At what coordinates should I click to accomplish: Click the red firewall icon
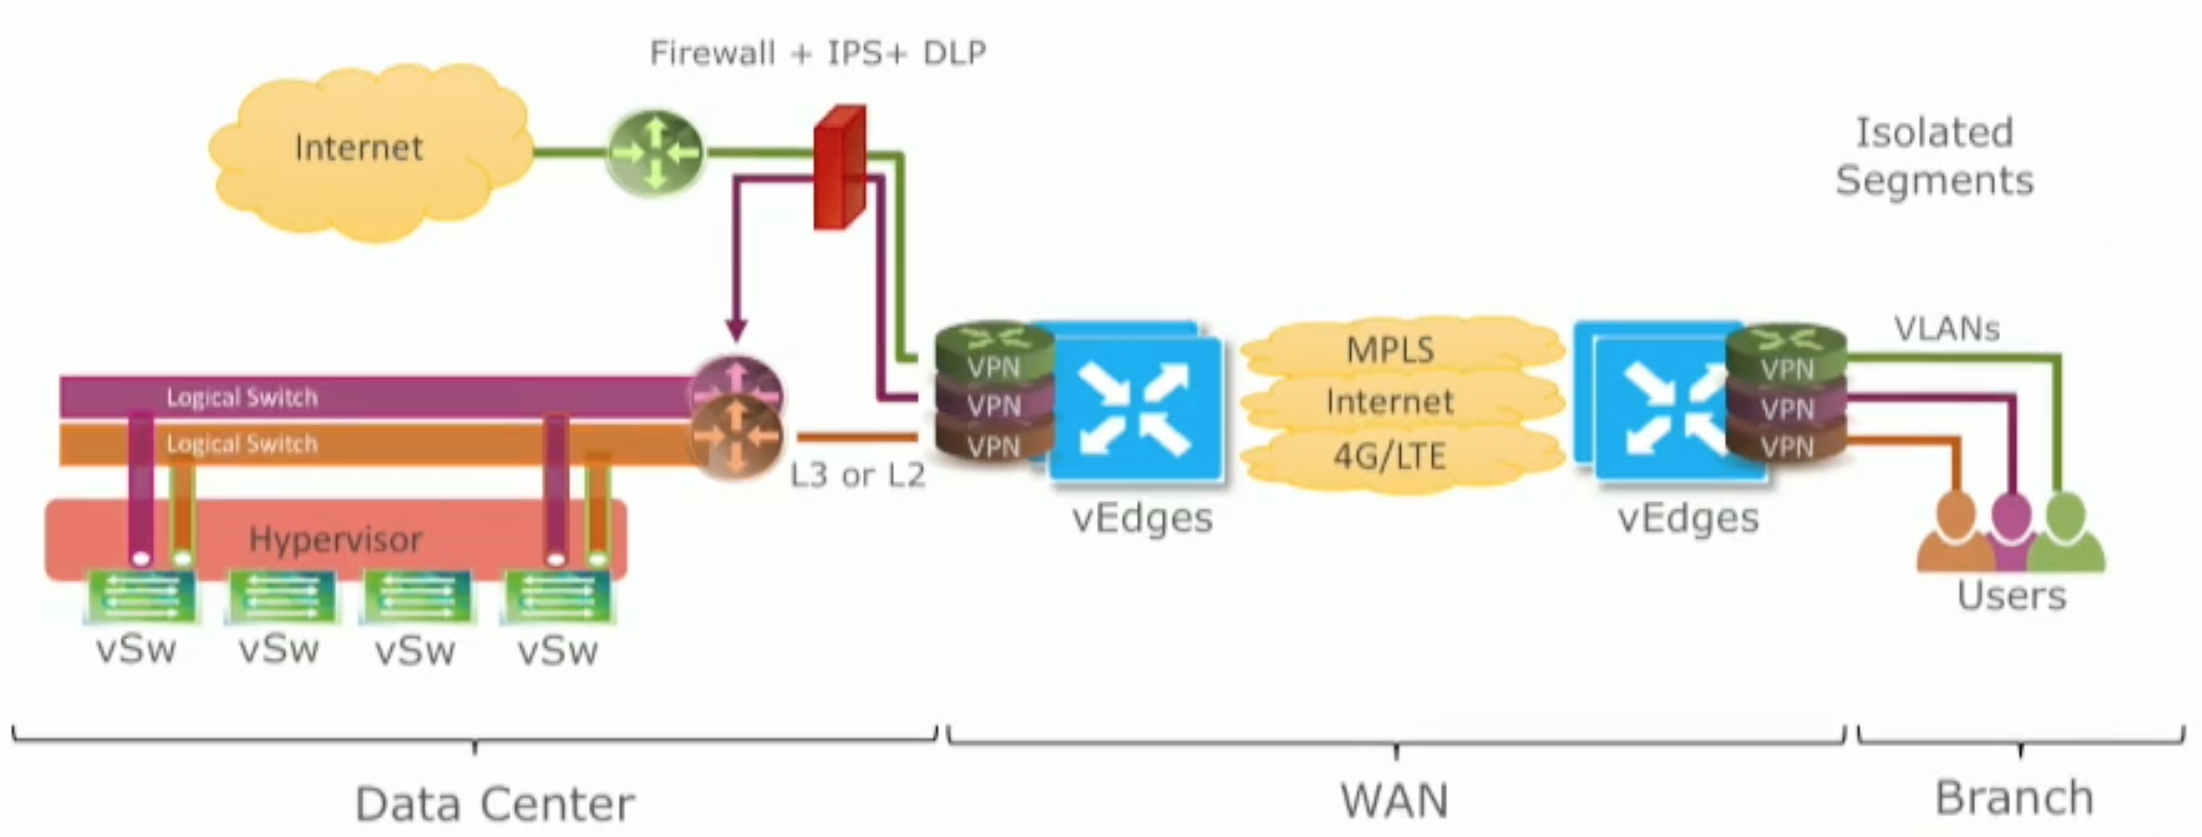point(839,168)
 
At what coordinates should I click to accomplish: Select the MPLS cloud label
point(1389,350)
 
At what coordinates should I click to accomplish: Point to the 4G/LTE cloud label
point(1389,457)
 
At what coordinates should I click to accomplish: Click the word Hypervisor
point(335,540)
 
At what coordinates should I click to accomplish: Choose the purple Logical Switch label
point(242,398)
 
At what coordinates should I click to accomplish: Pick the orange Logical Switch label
point(242,443)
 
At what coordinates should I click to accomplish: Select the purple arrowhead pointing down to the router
point(736,329)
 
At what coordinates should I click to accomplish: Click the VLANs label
point(1946,329)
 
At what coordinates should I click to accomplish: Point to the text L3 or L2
point(857,475)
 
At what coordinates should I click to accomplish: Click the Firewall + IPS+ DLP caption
point(817,53)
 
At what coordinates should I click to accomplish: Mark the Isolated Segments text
point(1934,156)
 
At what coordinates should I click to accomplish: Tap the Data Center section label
point(494,804)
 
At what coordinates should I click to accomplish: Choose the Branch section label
point(2014,799)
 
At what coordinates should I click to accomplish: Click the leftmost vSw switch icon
point(141,596)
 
